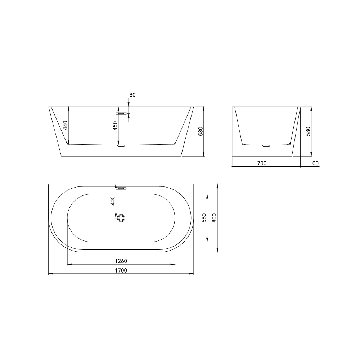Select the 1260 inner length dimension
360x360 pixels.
(x=121, y=261)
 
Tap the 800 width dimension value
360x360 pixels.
(x=214, y=218)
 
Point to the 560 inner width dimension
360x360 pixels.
(x=204, y=218)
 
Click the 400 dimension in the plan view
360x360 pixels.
(x=113, y=201)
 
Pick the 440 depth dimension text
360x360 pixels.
(x=65, y=125)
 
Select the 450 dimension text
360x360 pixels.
(x=115, y=126)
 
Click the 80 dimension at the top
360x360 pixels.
(x=132, y=95)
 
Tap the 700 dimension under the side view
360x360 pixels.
(x=262, y=163)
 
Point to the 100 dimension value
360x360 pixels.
(x=314, y=163)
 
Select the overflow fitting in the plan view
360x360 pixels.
(x=121, y=188)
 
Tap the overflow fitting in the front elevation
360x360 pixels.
(x=121, y=113)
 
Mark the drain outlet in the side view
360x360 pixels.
(x=266, y=146)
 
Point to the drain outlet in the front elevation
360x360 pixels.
(x=121, y=146)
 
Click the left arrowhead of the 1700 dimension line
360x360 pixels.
(x=50, y=274)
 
